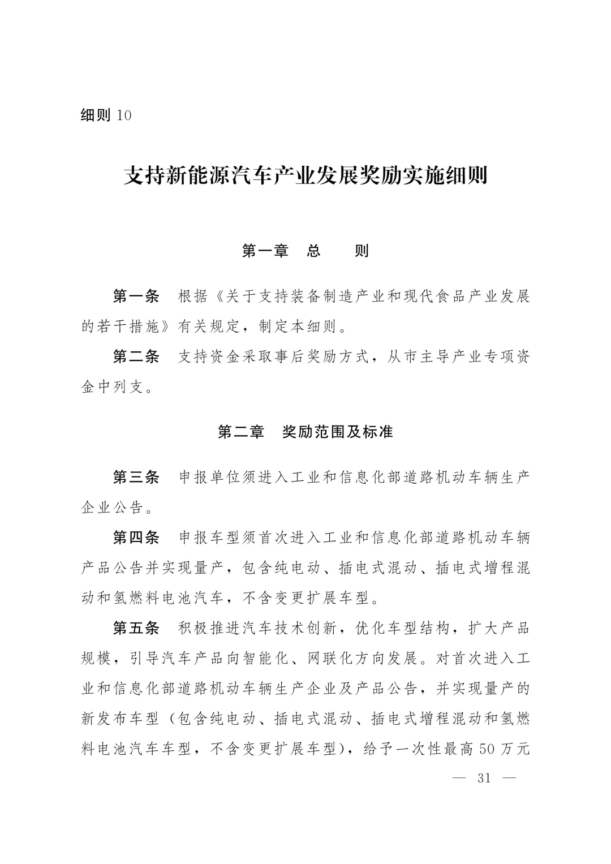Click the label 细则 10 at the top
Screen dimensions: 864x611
[x=106, y=115]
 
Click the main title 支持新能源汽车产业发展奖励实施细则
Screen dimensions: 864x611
[x=305, y=176]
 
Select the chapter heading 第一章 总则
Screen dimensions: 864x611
[x=305, y=251]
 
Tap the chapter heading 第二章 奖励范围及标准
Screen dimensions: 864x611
[x=305, y=432]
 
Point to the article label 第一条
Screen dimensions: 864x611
[x=136, y=296]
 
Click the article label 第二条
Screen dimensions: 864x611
[x=136, y=356]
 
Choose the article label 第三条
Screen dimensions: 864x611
[x=136, y=477]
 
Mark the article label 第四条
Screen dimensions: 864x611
[x=136, y=538]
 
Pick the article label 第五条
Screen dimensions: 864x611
[x=136, y=628]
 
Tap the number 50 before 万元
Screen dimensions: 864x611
[x=488, y=749]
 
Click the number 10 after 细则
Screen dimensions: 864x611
[x=123, y=115]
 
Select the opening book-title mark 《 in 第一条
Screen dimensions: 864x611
[x=217, y=296]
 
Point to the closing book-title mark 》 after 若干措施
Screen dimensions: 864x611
[x=168, y=326]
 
